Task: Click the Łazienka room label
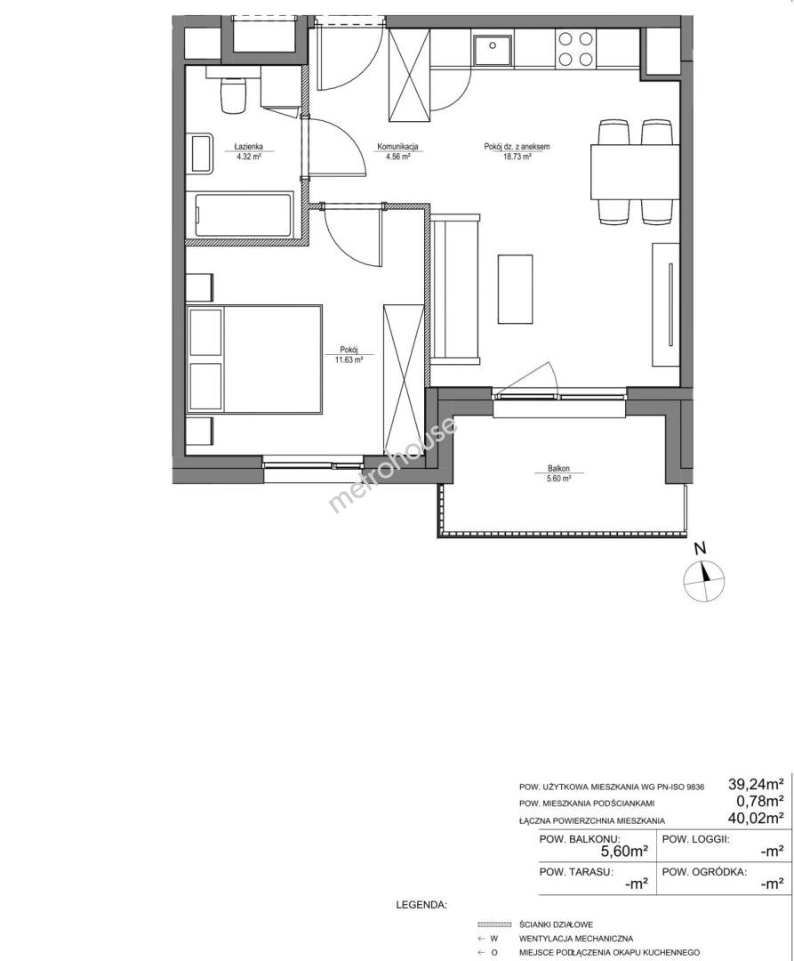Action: tap(249, 147)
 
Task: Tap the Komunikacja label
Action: tap(397, 147)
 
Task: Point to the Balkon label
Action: tap(559, 468)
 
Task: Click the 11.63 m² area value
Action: tap(349, 360)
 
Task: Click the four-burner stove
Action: tap(575, 49)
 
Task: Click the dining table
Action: tap(633, 171)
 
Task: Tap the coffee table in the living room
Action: tap(515, 288)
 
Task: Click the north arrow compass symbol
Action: tap(704, 580)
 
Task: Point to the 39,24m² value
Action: tap(756, 783)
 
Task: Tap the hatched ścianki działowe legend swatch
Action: tap(494, 925)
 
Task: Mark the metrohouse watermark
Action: tap(393, 464)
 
